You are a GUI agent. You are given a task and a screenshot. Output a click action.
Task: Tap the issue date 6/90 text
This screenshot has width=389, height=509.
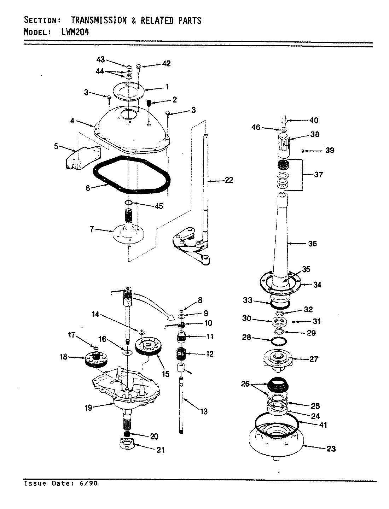[x=88, y=484]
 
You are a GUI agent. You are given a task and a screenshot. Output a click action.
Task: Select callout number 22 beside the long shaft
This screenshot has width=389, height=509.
[x=229, y=180]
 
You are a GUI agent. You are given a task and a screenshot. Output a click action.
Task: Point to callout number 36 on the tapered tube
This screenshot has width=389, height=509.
[x=312, y=244]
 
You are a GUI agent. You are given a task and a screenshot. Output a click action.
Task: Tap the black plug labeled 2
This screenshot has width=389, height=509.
[x=149, y=103]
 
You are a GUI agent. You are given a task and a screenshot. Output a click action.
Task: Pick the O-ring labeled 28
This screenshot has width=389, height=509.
[x=278, y=342]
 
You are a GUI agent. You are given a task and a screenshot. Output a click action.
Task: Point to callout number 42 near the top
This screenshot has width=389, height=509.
[x=166, y=64]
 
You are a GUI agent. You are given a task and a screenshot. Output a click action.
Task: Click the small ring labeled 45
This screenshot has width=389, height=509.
[x=129, y=203]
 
